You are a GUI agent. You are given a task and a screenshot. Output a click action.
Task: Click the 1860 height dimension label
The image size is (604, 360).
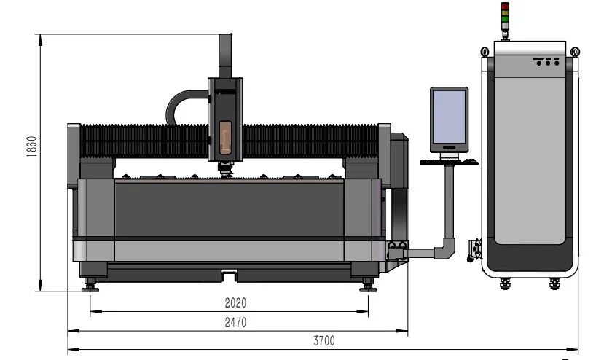tap(32, 146)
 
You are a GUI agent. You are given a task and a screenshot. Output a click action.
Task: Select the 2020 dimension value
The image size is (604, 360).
tap(235, 303)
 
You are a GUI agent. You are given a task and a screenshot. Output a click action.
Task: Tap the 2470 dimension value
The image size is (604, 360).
tap(235, 322)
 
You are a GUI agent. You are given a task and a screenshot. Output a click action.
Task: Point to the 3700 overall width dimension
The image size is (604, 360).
tap(324, 341)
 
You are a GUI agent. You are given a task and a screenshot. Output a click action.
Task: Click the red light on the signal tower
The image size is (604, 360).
tap(505, 7)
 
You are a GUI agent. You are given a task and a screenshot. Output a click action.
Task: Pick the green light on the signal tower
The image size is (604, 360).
tap(505, 19)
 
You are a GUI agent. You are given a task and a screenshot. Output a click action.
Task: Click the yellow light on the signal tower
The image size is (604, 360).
tap(505, 13)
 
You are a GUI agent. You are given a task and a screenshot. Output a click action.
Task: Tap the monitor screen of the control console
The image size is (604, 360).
tap(449, 117)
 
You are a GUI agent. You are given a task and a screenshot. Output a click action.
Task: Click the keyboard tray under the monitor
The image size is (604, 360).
tap(449, 162)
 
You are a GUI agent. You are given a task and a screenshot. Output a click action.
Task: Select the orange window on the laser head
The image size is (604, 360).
tap(225, 137)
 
